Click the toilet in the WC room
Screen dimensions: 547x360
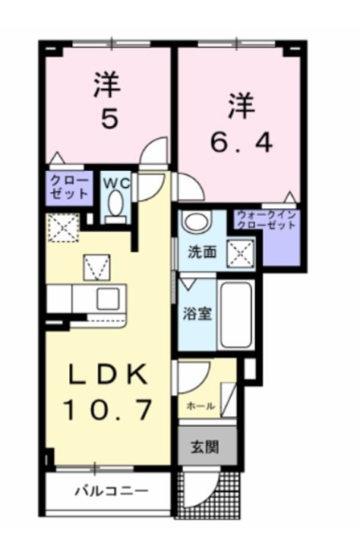point(115,204)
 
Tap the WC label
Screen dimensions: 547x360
point(115,182)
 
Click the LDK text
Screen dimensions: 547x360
point(106,375)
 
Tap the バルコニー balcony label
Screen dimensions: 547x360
point(111,490)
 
